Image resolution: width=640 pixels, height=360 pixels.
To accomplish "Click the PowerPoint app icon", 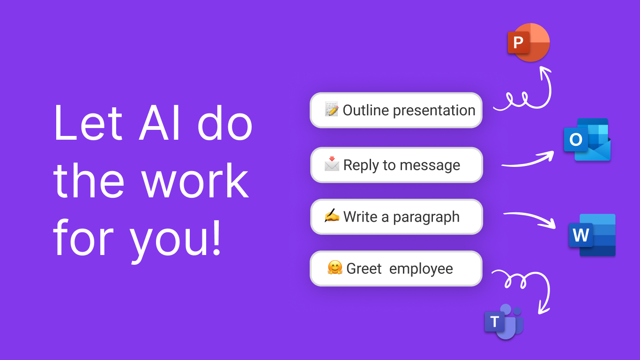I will click(528, 43).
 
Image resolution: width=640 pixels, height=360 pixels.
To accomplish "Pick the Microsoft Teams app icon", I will click(504, 322).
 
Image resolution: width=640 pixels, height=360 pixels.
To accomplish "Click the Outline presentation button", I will click(396, 110).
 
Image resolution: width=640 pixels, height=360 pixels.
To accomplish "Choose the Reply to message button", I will click(396, 165).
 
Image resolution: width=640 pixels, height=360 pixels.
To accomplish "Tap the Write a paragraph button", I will click(396, 217).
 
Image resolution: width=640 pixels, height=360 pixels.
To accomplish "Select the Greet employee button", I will click(396, 269).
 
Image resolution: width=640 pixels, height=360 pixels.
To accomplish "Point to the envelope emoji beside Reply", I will click(331, 165).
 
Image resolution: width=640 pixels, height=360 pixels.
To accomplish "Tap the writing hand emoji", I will click(331, 216).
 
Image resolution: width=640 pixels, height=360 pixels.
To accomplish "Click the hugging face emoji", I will click(335, 268).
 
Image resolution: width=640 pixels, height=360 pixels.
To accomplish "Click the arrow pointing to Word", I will click(529, 218).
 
